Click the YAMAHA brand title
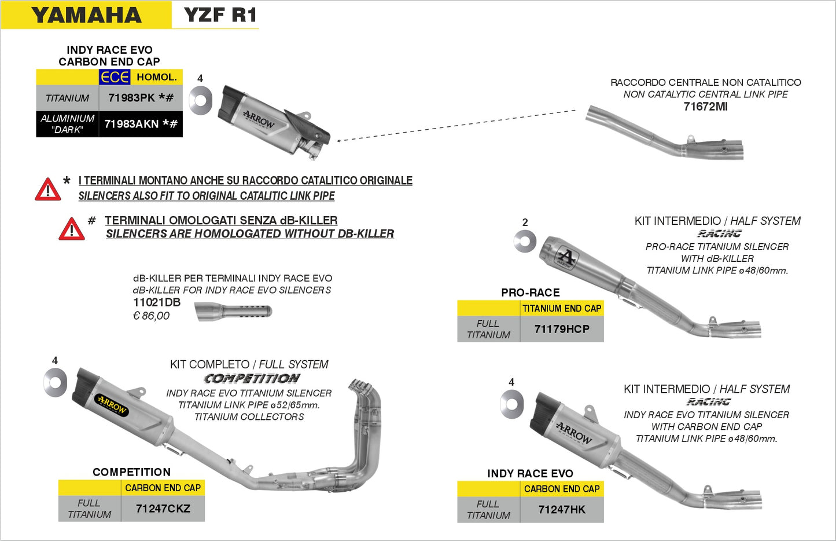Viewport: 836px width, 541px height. click(x=86, y=15)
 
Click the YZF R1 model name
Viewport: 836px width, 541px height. click(x=220, y=15)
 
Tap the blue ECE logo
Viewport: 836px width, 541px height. click(x=115, y=77)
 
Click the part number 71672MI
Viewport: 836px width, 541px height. click(x=705, y=107)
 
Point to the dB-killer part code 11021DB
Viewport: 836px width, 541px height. click(x=157, y=302)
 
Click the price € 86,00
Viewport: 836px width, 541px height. click(x=152, y=316)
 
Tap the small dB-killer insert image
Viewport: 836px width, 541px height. click(x=233, y=312)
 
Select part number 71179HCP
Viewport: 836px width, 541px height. click(x=562, y=329)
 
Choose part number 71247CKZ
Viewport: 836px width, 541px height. click(x=163, y=509)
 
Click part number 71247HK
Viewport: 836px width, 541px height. click(x=562, y=510)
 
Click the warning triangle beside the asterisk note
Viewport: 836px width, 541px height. click(x=48, y=190)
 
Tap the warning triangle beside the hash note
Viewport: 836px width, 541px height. click(x=72, y=229)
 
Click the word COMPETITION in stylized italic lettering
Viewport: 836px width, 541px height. click(x=252, y=379)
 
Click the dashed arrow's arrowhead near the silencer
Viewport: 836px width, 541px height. click(x=338, y=140)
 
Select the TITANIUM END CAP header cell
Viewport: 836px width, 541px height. click(x=562, y=309)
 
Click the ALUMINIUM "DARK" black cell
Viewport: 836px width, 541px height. click(x=67, y=124)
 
